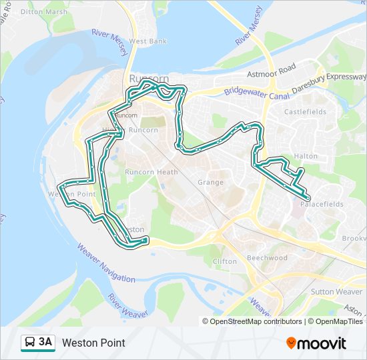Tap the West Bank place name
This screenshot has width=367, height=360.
click(148, 41)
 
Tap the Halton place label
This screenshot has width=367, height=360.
click(306, 156)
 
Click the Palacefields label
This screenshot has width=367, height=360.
click(322, 204)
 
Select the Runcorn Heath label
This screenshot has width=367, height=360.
click(151, 172)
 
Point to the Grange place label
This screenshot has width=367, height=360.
click(211, 182)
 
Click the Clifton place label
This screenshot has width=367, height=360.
click(224, 261)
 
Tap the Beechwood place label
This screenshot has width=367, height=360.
click(267, 258)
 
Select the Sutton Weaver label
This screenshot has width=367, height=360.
click(336, 292)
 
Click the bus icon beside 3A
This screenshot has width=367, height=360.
click(30, 343)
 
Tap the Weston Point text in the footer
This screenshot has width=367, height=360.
click(93, 343)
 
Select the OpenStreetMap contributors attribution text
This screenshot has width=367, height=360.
click(256, 321)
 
